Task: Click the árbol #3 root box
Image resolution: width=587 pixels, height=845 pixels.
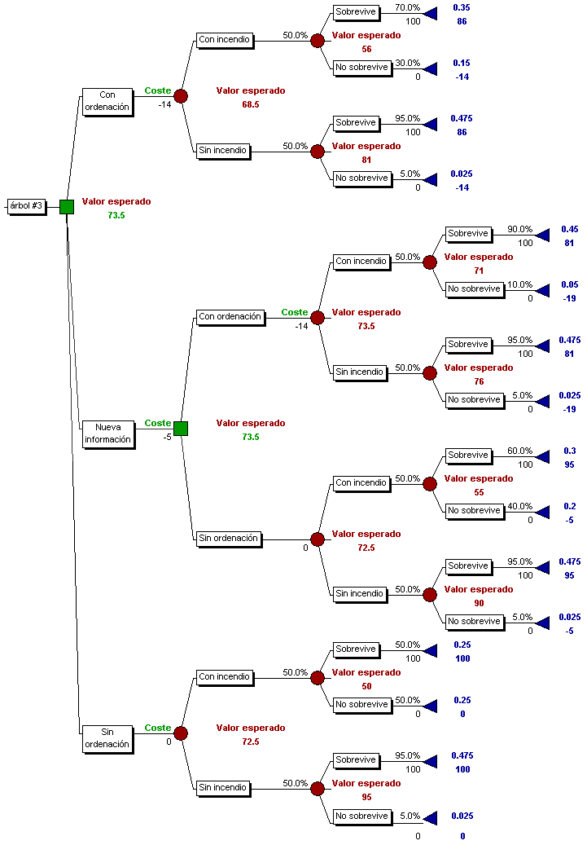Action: (x=26, y=206)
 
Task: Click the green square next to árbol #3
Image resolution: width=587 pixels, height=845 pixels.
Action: (x=67, y=206)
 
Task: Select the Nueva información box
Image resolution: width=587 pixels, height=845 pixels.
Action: (x=107, y=434)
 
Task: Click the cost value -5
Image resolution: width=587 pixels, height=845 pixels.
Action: (x=167, y=437)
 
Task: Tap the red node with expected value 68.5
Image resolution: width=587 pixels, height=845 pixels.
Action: (x=181, y=96)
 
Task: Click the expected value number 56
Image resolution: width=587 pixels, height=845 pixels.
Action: (x=366, y=49)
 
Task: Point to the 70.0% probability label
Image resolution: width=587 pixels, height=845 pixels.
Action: (x=407, y=7)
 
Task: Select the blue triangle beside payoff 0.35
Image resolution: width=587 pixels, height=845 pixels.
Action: (x=431, y=12)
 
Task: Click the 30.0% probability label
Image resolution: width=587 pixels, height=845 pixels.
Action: (x=407, y=63)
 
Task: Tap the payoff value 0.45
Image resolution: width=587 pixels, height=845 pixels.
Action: (x=569, y=229)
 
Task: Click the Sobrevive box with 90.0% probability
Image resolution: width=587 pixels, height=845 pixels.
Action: (x=468, y=234)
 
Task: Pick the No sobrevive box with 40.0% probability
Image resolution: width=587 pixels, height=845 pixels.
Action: (x=474, y=511)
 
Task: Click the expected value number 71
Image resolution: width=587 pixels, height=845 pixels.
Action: (x=479, y=271)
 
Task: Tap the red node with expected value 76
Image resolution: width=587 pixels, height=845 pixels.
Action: (x=430, y=372)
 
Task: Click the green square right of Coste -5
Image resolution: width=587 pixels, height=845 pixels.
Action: (x=181, y=429)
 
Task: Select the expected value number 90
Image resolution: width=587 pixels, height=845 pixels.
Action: (x=479, y=603)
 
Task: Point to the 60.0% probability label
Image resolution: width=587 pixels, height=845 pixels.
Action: (x=519, y=451)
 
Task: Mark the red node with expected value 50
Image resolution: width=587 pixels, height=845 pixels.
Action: (x=318, y=678)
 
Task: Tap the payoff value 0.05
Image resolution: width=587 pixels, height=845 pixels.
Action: (x=569, y=284)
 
